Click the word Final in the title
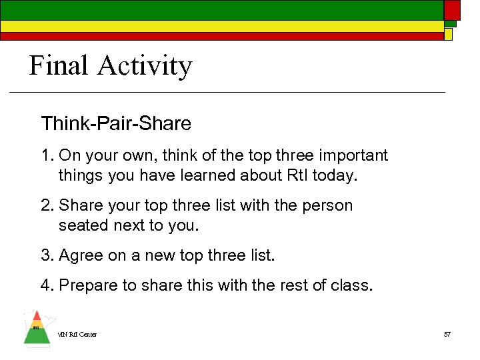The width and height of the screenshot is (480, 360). point(59,66)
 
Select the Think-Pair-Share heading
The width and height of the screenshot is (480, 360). point(116,123)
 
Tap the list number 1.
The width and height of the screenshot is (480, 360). point(46,156)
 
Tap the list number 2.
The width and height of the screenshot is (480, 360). point(46,205)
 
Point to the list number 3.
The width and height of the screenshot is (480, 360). point(46,255)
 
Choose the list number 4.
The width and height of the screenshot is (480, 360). point(46,285)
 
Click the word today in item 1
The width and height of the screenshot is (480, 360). point(338,176)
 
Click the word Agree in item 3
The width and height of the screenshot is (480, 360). point(81,256)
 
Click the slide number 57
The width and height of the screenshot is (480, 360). point(447,334)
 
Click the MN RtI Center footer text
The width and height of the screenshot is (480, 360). point(77,334)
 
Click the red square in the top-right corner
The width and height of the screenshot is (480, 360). point(453,9)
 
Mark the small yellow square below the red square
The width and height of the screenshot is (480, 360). point(449,34)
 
